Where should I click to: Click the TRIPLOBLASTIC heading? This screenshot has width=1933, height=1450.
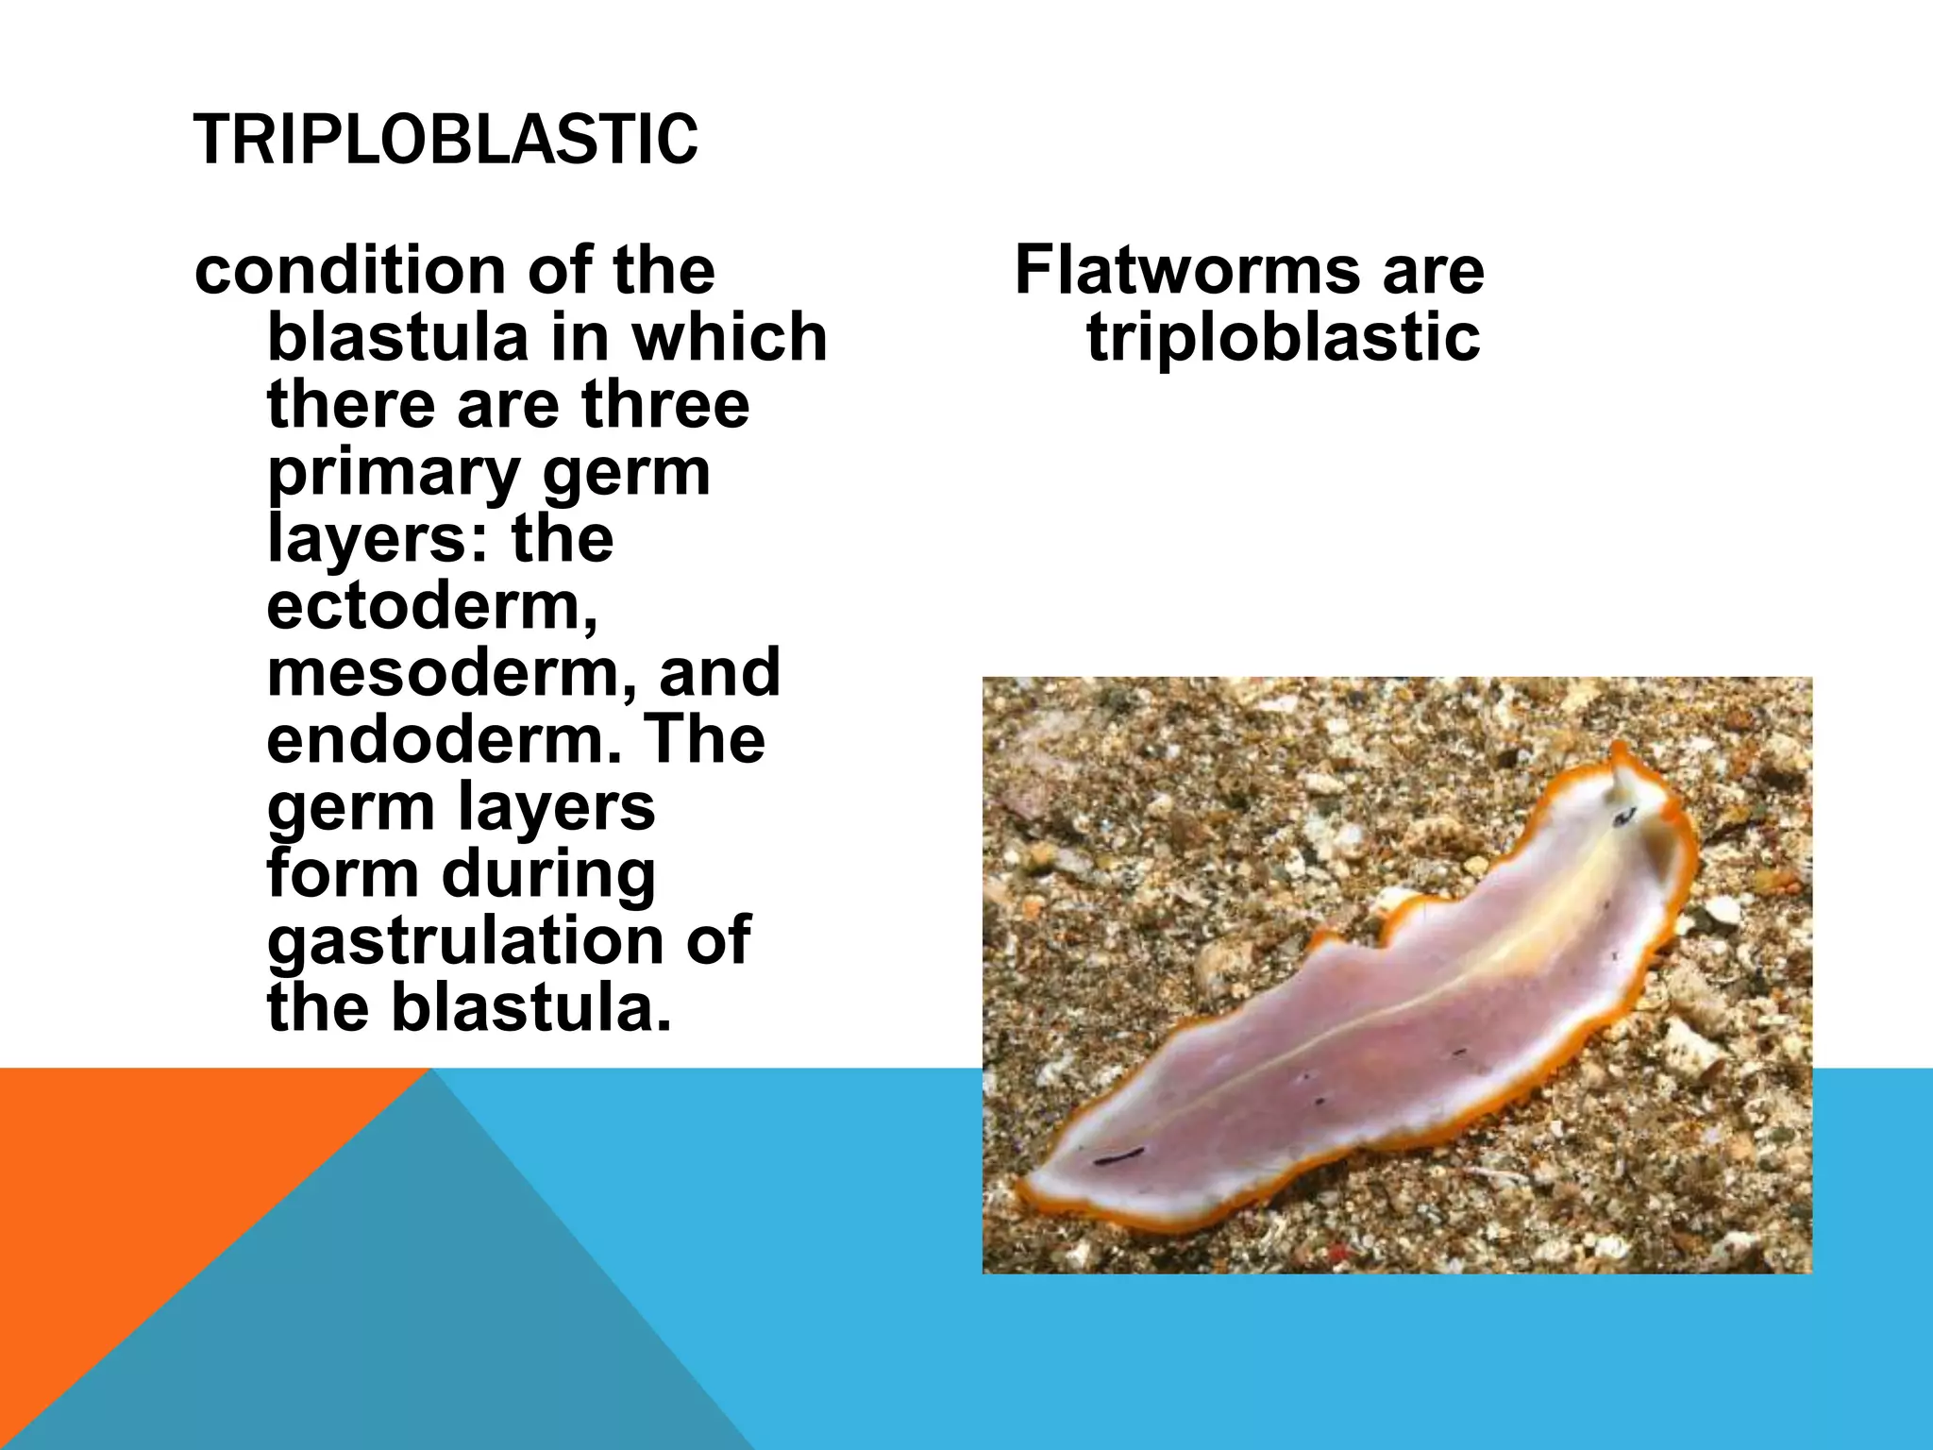click(x=445, y=140)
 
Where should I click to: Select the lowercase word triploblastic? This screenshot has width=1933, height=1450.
click(x=1283, y=338)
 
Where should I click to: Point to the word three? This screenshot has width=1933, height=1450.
click(x=665, y=404)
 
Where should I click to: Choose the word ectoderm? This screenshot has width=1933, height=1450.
click(x=431, y=606)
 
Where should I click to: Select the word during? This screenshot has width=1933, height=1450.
click(x=548, y=874)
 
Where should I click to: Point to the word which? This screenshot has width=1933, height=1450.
click(x=730, y=337)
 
